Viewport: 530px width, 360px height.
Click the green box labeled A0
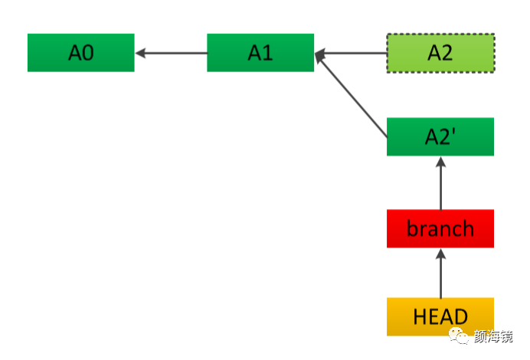tap(80, 53)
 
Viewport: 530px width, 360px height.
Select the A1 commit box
tap(260, 53)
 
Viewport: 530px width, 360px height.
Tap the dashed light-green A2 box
tap(440, 53)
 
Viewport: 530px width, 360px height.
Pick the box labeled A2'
tap(440, 137)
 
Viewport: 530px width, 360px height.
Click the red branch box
tap(440, 228)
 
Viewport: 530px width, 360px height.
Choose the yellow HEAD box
tap(440, 316)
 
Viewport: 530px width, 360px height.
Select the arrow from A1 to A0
tap(172, 53)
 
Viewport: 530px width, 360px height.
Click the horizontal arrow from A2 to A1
tap(352, 53)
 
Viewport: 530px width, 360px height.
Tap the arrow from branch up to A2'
tap(440, 184)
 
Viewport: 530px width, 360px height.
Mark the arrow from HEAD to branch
tap(440, 273)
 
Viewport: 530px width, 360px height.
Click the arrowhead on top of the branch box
tap(440, 254)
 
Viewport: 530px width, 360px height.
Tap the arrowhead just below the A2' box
tap(440, 162)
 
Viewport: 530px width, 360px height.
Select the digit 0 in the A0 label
tap(87, 53)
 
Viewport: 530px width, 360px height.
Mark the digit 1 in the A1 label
tap(268, 53)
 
